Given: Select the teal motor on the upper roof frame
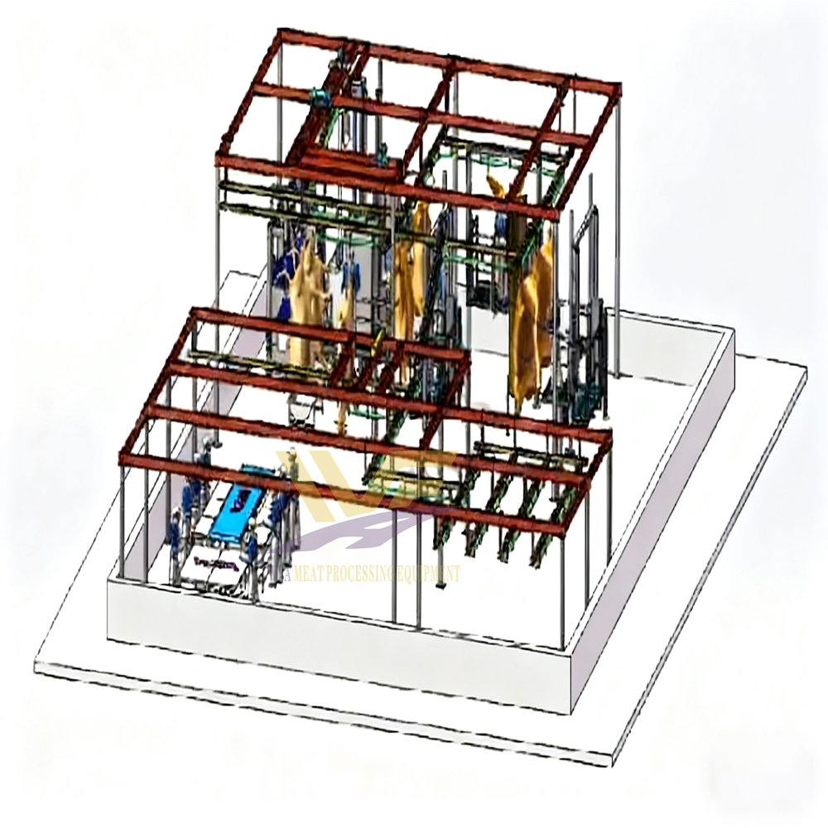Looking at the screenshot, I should [x=317, y=98].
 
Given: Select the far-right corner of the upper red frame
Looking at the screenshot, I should [x=619, y=85].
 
